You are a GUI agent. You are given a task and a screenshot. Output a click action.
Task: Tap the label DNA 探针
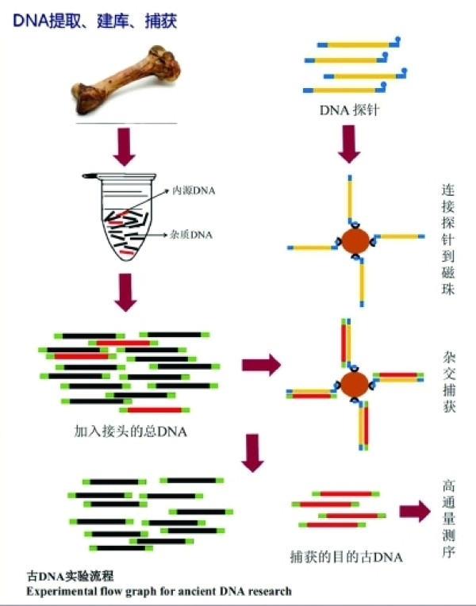pyautogui.click(x=348, y=109)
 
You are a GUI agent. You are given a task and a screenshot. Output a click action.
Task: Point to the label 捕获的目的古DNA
pyautogui.click(x=346, y=556)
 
